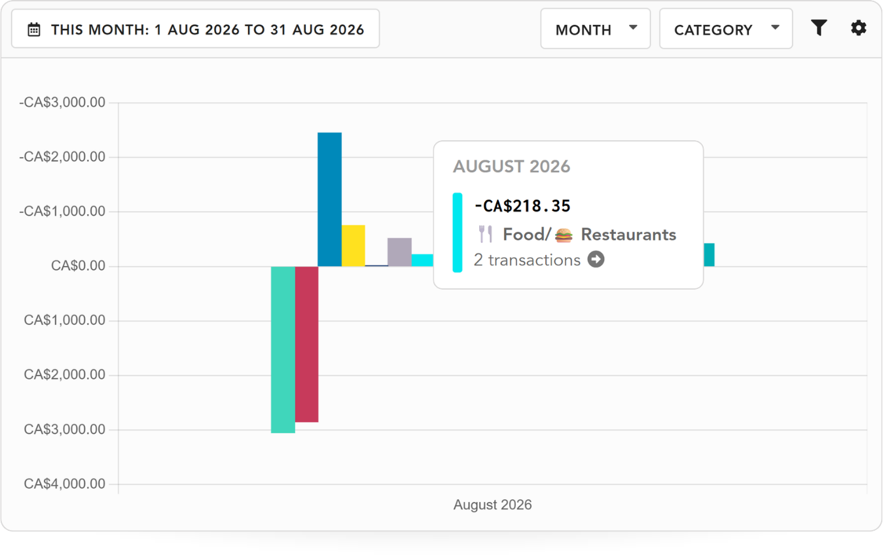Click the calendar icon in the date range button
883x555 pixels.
pyautogui.click(x=34, y=29)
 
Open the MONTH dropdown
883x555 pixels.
pyautogui.click(x=595, y=29)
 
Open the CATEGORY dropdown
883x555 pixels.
pyautogui.click(x=726, y=29)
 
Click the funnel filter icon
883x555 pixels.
pyautogui.click(x=819, y=28)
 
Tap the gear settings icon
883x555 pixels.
pyautogui.click(x=858, y=28)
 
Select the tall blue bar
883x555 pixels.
pyautogui.click(x=329, y=199)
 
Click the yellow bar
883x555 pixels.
pyautogui.click(x=353, y=246)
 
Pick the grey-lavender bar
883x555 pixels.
pyautogui.click(x=400, y=252)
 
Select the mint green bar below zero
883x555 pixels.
pyautogui.click(x=283, y=350)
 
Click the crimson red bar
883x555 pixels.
pyautogui.click(x=307, y=344)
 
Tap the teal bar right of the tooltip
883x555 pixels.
pyautogui.click(x=709, y=255)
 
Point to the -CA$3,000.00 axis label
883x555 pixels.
pyautogui.click(x=62, y=103)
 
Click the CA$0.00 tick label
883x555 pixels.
pyautogui.click(x=78, y=266)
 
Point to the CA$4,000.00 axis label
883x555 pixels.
pyautogui.click(x=65, y=484)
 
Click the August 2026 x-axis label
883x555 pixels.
pyautogui.click(x=492, y=505)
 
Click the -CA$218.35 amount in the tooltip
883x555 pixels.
pyautogui.click(x=522, y=206)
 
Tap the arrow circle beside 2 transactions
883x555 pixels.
pyautogui.click(x=596, y=259)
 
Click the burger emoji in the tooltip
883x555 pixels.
pyautogui.click(x=564, y=235)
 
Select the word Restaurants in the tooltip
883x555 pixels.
pyautogui.click(x=628, y=235)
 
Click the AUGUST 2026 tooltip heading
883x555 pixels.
pyautogui.click(x=511, y=166)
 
